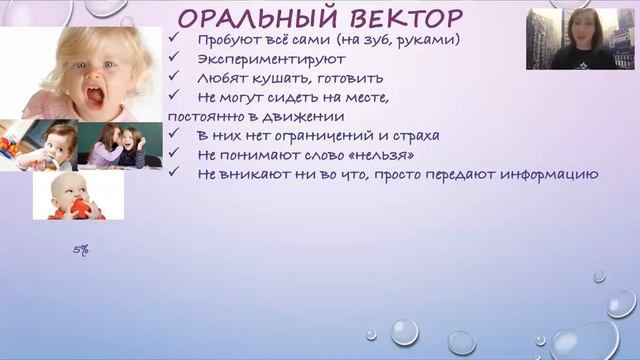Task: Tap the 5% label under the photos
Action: click(x=81, y=251)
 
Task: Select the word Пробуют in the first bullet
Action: click(x=225, y=40)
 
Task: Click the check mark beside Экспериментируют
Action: click(x=175, y=59)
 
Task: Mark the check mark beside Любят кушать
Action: click(x=175, y=77)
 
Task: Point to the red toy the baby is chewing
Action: click(x=81, y=207)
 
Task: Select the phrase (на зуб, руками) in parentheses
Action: click(x=403, y=40)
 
